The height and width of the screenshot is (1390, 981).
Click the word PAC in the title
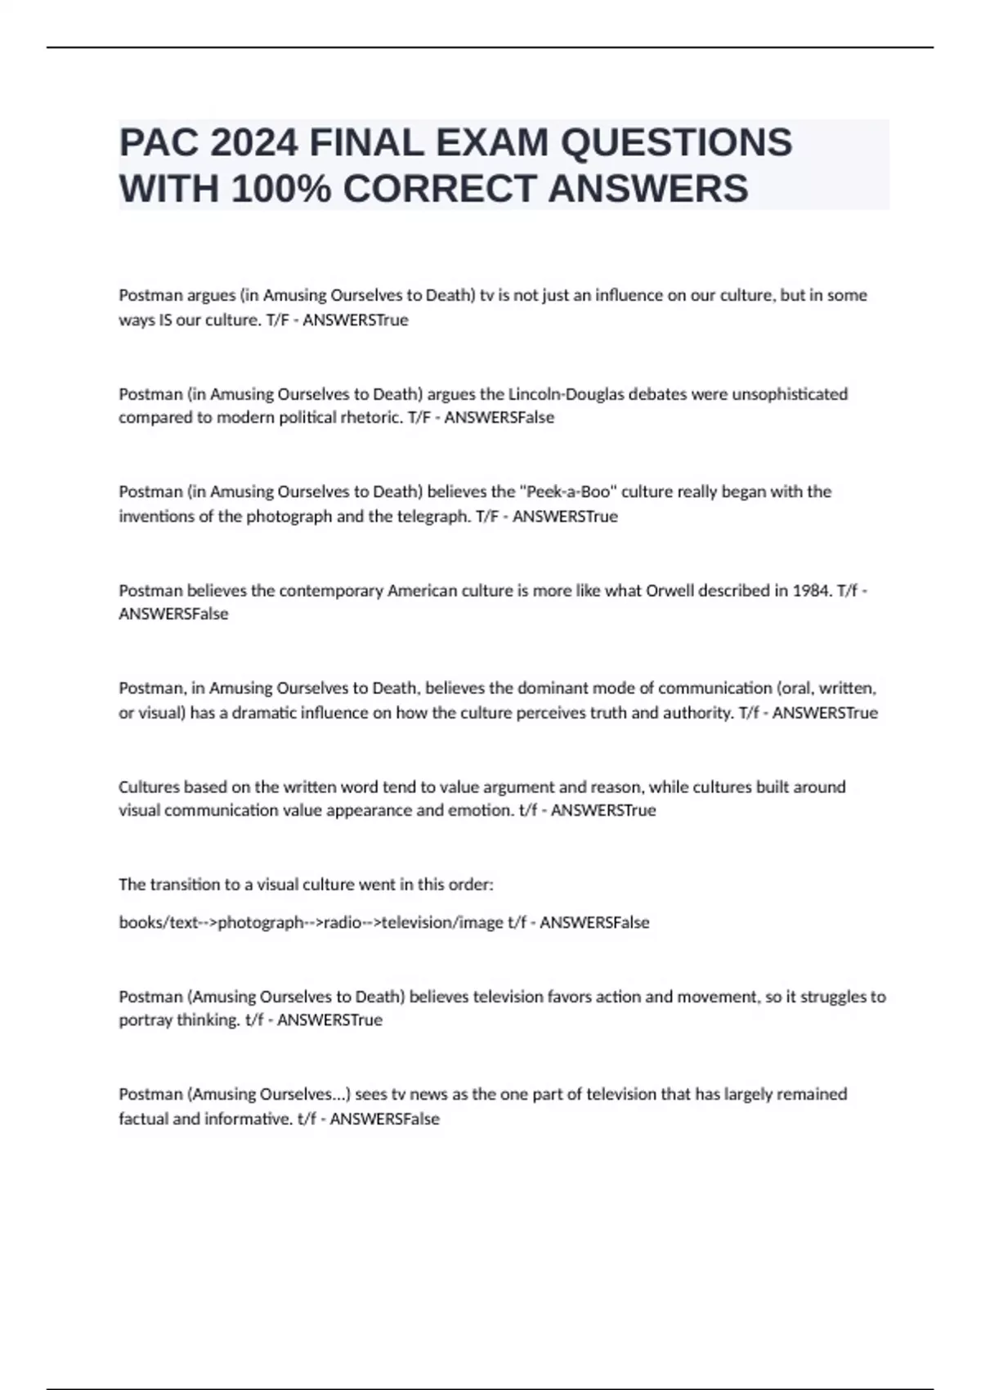pyautogui.click(x=158, y=143)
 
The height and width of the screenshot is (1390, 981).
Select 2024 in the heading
pyautogui.click(x=254, y=143)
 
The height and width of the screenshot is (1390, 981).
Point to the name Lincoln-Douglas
pyautogui.click(x=557, y=394)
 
